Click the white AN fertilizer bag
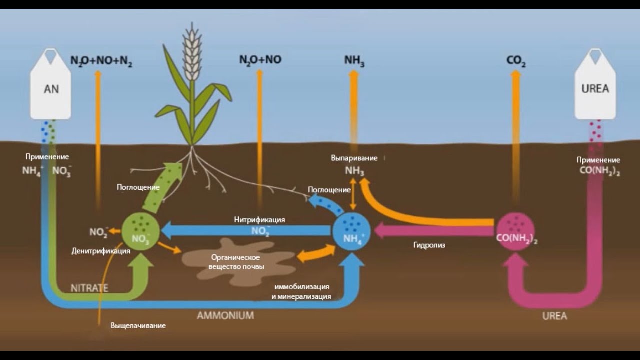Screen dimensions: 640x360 tap(51, 87)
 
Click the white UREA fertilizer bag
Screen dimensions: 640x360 tap(595, 87)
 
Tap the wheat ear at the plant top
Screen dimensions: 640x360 tap(192, 52)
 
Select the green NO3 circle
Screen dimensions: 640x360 tap(141, 231)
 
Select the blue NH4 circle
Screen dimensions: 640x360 tap(352, 231)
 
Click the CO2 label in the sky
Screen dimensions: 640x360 tap(516, 61)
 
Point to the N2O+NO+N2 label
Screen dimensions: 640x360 tap(101, 61)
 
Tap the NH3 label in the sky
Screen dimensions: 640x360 tap(354, 61)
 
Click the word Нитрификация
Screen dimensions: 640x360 tap(260, 219)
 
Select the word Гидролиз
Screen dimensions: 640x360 tap(429, 245)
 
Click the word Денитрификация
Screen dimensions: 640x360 tap(101, 251)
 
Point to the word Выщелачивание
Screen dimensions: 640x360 tap(138, 325)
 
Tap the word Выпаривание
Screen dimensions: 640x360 tap(354, 158)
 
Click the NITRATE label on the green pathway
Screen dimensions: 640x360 tap(89, 288)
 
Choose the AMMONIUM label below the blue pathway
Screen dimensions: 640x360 tap(225, 316)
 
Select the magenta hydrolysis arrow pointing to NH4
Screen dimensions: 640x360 tap(430, 231)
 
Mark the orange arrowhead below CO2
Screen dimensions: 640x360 tap(516, 74)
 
